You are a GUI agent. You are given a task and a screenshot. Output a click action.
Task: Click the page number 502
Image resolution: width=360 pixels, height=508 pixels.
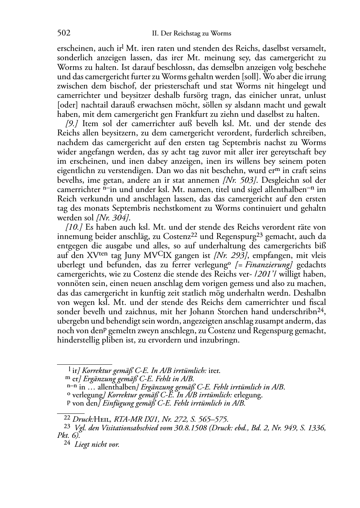(63, 33)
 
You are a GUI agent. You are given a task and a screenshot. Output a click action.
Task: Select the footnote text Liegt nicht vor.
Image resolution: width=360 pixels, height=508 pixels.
(97, 445)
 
